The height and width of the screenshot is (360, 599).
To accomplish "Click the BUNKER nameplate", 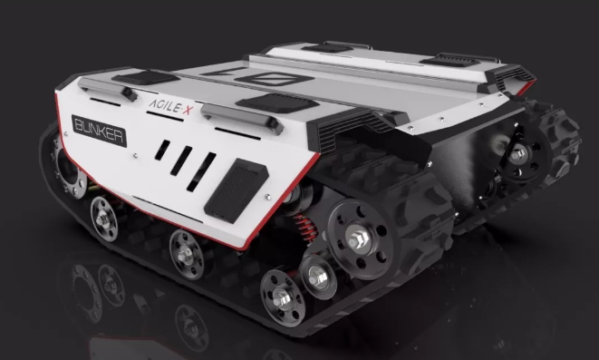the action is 100,131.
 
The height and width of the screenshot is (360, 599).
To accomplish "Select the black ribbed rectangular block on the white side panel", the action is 237,190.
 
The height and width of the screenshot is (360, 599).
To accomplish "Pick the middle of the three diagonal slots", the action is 181,161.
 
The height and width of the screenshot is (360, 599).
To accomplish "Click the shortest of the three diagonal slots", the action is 162,150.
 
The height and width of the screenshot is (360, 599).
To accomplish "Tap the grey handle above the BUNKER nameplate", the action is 108,89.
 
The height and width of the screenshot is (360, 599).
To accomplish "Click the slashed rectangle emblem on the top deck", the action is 274,79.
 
